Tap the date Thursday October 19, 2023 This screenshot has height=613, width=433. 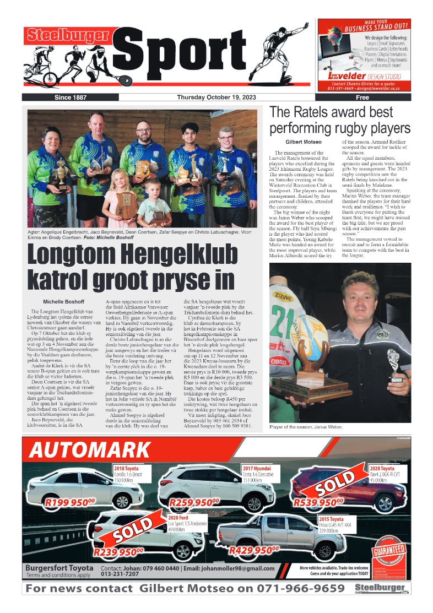216,97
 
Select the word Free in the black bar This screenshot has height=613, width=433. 362,97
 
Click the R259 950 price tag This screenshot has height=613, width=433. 194,502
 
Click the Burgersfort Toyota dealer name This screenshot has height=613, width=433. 59,568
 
